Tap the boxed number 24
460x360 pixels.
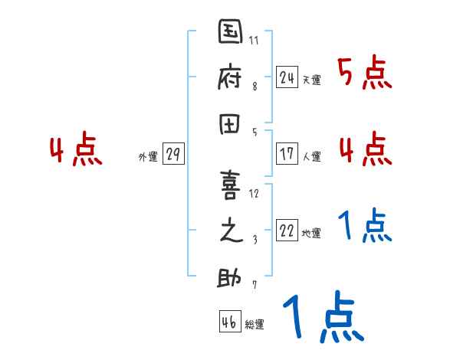(x=287, y=77)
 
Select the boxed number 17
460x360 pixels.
(x=287, y=153)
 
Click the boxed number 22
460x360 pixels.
(x=287, y=231)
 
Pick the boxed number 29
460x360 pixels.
(x=172, y=154)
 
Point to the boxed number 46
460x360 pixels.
(x=228, y=322)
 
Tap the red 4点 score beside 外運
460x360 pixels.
(x=76, y=150)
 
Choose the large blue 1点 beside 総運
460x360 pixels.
(x=322, y=316)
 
